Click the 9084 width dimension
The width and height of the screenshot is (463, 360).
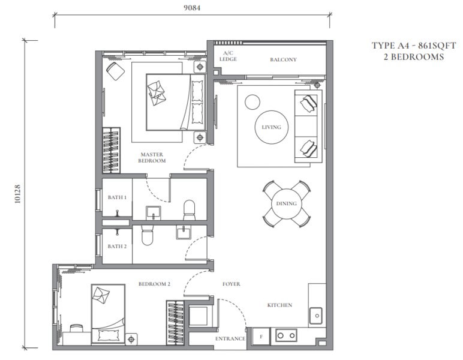pyautogui.click(x=192, y=8)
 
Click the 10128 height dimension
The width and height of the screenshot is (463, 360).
pyautogui.click(x=18, y=194)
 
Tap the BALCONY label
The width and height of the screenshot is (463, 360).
pyautogui.click(x=283, y=59)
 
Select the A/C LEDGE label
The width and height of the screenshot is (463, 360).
pyautogui.click(x=228, y=56)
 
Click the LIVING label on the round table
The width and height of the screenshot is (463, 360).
pyautogui.click(x=271, y=127)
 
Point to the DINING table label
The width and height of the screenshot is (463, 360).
pyautogui.click(x=287, y=203)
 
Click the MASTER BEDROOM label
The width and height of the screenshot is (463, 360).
pyautogui.click(x=152, y=158)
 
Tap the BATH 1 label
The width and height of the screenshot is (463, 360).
pyautogui.click(x=117, y=197)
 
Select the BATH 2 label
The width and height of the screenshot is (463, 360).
pyautogui.click(x=117, y=247)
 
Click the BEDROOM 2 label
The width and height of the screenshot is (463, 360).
pyautogui.click(x=154, y=284)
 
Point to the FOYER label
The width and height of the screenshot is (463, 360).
pyautogui.click(x=231, y=284)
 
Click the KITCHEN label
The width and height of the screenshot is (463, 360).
pyautogui.click(x=279, y=305)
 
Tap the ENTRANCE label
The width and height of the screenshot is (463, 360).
pyautogui.click(x=230, y=339)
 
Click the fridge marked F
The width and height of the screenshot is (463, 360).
pyautogui.click(x=261, y=337)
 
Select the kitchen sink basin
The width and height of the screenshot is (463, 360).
pyautogui.click(x=316, y=316)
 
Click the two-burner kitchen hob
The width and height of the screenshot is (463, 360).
pyautogui.click(x=286, y=335)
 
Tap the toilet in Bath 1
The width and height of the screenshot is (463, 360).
pyautogui.click(x=190, y=210)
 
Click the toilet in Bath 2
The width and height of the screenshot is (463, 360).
pyautogui.click(x=147, y=235)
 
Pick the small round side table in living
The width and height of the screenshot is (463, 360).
pyautogui.click(x=252, y=102)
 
